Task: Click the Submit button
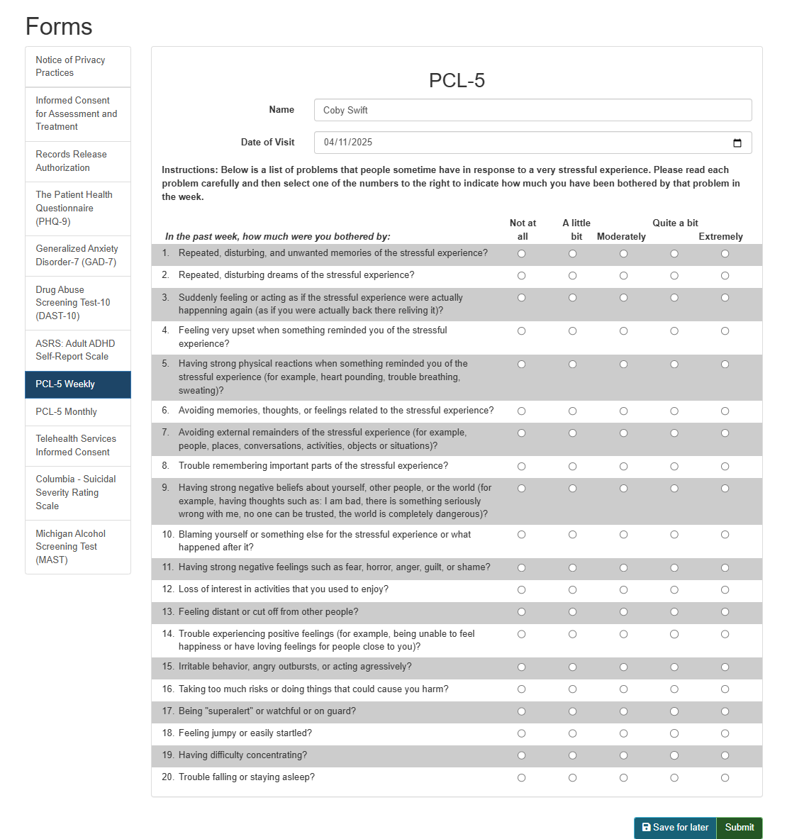point(739,828)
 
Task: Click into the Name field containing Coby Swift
point(532,110)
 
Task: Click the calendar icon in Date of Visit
point(737,143)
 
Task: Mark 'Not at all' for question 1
point(522,254)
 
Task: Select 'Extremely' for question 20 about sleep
point(725,778)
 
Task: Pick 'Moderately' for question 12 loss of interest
point(623,590)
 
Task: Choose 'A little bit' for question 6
point(572,411)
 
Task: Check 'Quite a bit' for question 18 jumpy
point(674,734)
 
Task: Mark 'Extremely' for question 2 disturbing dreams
point(725,276)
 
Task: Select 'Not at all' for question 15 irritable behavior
point(522,667)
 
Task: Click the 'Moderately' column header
point(621,237)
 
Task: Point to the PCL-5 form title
point(457,81)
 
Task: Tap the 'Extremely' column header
point(720,237)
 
